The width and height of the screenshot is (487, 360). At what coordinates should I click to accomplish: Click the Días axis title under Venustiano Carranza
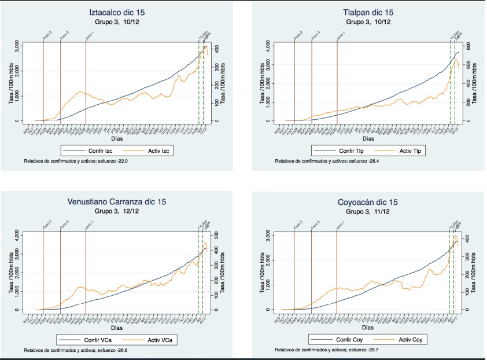pyautogui.click(x=117, y=328)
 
